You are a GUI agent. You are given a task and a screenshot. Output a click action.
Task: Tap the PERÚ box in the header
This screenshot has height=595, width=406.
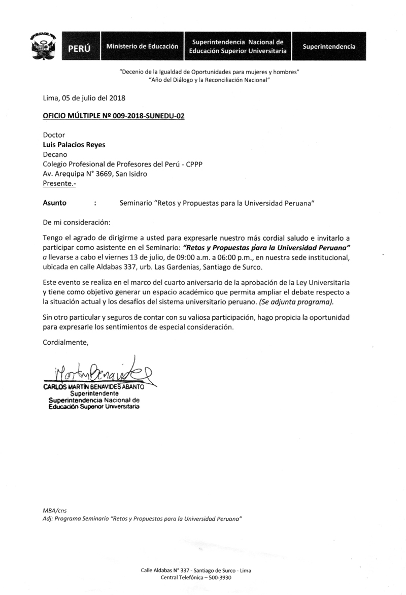[x=79, y=47]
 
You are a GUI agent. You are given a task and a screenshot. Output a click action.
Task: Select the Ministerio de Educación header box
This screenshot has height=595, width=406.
[x=142, y=46]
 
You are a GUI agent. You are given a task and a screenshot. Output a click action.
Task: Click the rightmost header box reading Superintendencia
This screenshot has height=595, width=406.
[x=329, y=46]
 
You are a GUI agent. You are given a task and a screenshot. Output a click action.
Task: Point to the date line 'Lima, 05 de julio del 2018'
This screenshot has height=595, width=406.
[x=83, y=98]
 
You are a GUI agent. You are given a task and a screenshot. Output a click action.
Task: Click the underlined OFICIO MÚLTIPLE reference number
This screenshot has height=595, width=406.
[x=114, y=116]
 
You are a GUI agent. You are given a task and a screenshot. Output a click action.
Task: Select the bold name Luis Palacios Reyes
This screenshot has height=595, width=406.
[x=74, y=145]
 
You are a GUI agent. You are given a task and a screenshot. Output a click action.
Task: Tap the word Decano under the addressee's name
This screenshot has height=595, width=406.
[x=55, y=154]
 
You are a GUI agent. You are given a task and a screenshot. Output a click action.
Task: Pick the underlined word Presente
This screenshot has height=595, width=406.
[x=59, y=184]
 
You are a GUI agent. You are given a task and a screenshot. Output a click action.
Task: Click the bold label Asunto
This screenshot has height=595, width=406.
[x=54, y=203]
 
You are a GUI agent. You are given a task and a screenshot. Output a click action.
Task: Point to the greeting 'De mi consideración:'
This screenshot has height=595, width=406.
[x=76, y=222]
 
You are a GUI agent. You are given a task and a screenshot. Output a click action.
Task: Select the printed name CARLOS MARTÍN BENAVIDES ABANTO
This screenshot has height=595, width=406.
[x=94, y=387]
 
